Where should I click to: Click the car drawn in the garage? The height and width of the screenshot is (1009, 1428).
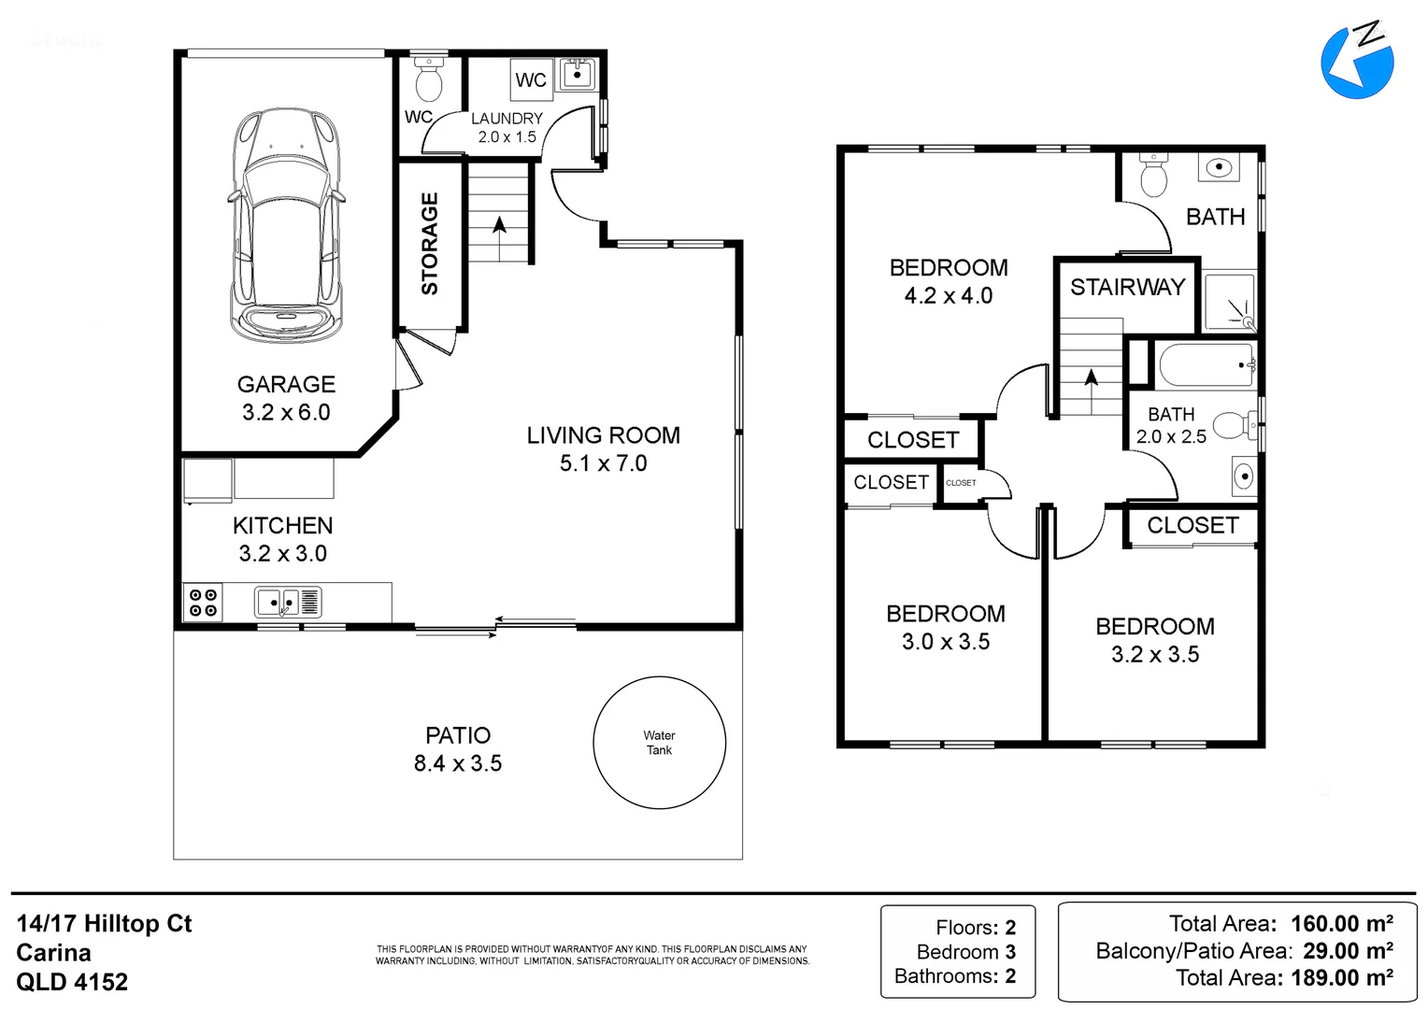286,226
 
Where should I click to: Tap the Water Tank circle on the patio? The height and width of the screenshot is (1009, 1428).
659,676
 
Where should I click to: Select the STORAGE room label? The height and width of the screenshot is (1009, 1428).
430,244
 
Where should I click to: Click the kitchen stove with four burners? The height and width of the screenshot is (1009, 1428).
203,603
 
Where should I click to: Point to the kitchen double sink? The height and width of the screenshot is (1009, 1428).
288,603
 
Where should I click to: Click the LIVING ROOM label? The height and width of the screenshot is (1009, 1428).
603,435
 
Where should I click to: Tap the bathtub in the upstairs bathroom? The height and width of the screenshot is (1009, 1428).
1207,365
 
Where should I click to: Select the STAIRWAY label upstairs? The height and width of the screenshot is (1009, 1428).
1127,288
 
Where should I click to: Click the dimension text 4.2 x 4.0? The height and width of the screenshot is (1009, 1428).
949,296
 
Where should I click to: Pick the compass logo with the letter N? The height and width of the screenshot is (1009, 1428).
1357,61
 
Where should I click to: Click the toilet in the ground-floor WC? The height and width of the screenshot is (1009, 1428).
428,79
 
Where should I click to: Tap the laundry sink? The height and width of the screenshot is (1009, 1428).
577,75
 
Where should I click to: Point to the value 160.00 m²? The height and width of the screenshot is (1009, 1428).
1342,923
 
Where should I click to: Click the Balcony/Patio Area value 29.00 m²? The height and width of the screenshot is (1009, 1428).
1349,950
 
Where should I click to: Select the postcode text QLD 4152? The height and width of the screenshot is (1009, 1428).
72,982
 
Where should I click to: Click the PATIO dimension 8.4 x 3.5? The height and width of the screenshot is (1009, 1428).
458,763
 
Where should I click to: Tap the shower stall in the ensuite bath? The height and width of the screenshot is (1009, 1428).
1229,302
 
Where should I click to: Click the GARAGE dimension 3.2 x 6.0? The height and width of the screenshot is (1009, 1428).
286,412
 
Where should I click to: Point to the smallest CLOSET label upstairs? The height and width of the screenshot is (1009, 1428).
961,482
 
